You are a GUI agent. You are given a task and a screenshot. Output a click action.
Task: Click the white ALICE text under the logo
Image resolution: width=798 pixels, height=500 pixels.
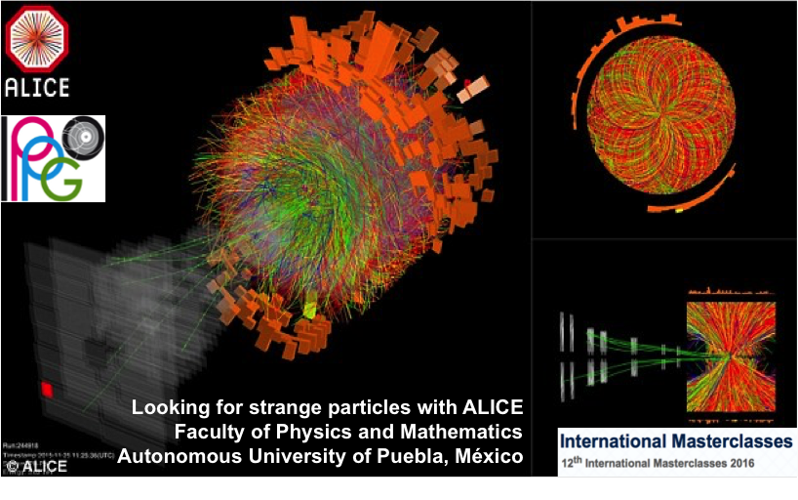(x=38, y=87)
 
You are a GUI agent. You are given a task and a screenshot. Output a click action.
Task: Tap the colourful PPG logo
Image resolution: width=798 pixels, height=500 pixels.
(x=53, y=158)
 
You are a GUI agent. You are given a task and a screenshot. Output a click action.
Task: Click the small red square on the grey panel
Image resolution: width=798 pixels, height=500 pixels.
(x=46, y=390)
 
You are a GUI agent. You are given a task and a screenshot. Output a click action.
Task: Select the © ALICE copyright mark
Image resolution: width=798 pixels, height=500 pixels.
(x=37, y=467)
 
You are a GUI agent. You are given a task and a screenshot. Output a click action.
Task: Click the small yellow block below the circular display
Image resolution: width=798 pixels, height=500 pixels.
(x=680, y=208)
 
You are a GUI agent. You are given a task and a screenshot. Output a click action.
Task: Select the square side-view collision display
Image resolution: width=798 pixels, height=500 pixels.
(x=731, y=355)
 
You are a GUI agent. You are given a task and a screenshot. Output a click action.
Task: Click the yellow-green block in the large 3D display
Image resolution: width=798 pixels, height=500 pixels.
(x=311, y=310)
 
